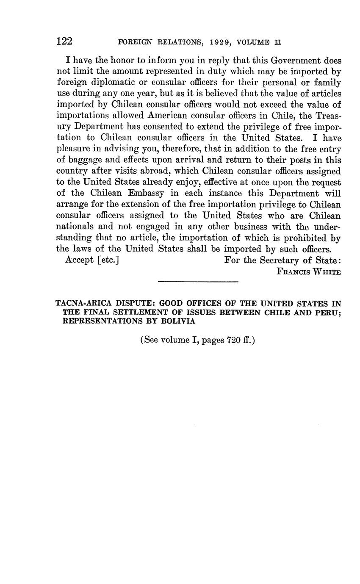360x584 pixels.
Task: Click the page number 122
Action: [64, 42]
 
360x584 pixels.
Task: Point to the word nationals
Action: [75, 227]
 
